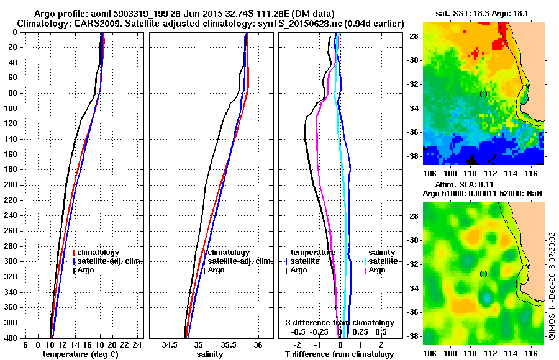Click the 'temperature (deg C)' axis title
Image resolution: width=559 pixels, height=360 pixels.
(80, 354)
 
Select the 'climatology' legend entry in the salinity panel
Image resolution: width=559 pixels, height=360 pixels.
(229, 253)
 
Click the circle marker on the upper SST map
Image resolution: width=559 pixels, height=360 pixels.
(484, 94)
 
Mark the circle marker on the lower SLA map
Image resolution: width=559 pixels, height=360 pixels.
(484, 274)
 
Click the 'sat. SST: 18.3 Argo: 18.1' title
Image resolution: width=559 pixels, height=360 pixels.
(483, 13)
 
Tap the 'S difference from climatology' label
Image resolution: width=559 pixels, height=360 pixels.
(340, 323)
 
